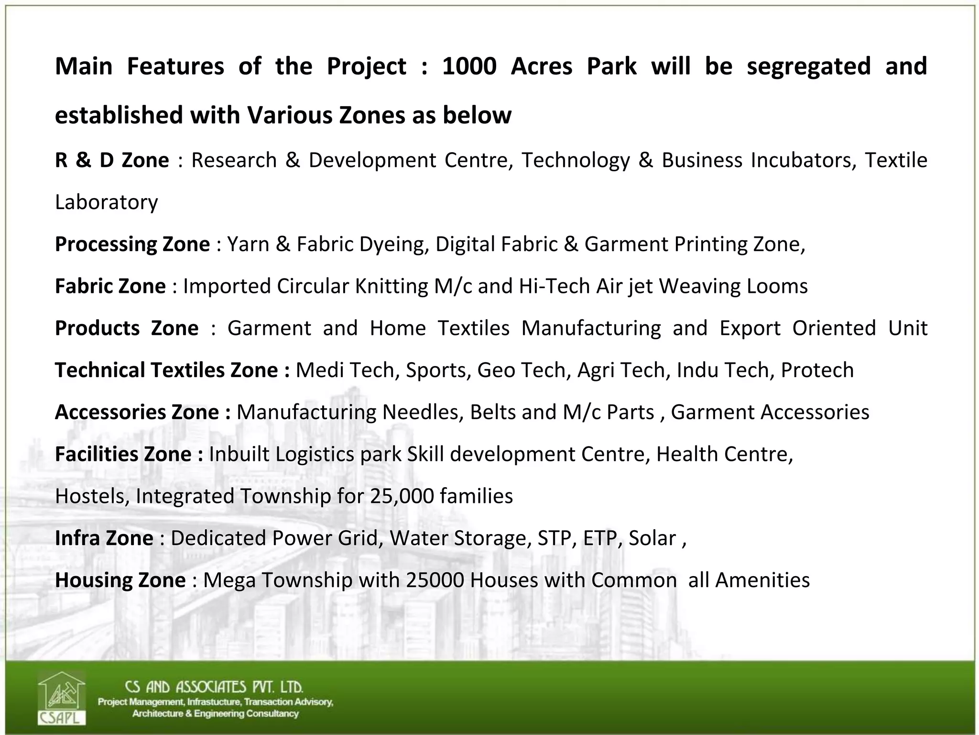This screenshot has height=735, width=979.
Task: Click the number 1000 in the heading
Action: click(469, 66)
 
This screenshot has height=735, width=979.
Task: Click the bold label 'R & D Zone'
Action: click(112, 160)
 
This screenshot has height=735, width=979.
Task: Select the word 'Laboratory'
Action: click(106, 202)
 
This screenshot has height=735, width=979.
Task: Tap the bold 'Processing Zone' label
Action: click(132, 245)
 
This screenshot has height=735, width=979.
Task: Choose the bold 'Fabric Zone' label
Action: click(110, 287)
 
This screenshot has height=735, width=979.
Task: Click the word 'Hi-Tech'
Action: click(555, 287)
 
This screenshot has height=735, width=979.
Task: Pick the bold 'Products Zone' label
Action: click(127, 329)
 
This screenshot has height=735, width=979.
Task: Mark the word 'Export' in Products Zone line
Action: click(750, 329)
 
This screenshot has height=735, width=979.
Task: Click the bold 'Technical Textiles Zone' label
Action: click(172, 370)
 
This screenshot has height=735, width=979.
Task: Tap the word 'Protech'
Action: click(817, 370)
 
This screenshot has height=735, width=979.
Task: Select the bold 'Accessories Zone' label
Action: click(142, 412)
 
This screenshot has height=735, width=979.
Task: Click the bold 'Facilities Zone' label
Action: click(129, 455)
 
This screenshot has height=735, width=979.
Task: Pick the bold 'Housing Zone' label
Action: click(120, 580)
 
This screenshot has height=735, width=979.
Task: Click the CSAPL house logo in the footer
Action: click(62, 698)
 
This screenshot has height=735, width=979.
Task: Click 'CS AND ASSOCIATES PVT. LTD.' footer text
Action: click(214, 687)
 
